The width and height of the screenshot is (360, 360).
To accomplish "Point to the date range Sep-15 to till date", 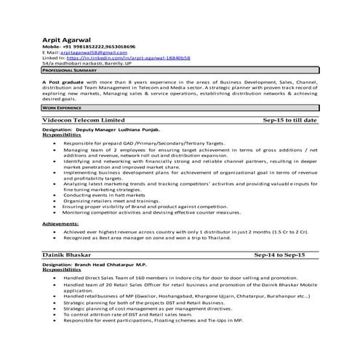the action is coord(289,119).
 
